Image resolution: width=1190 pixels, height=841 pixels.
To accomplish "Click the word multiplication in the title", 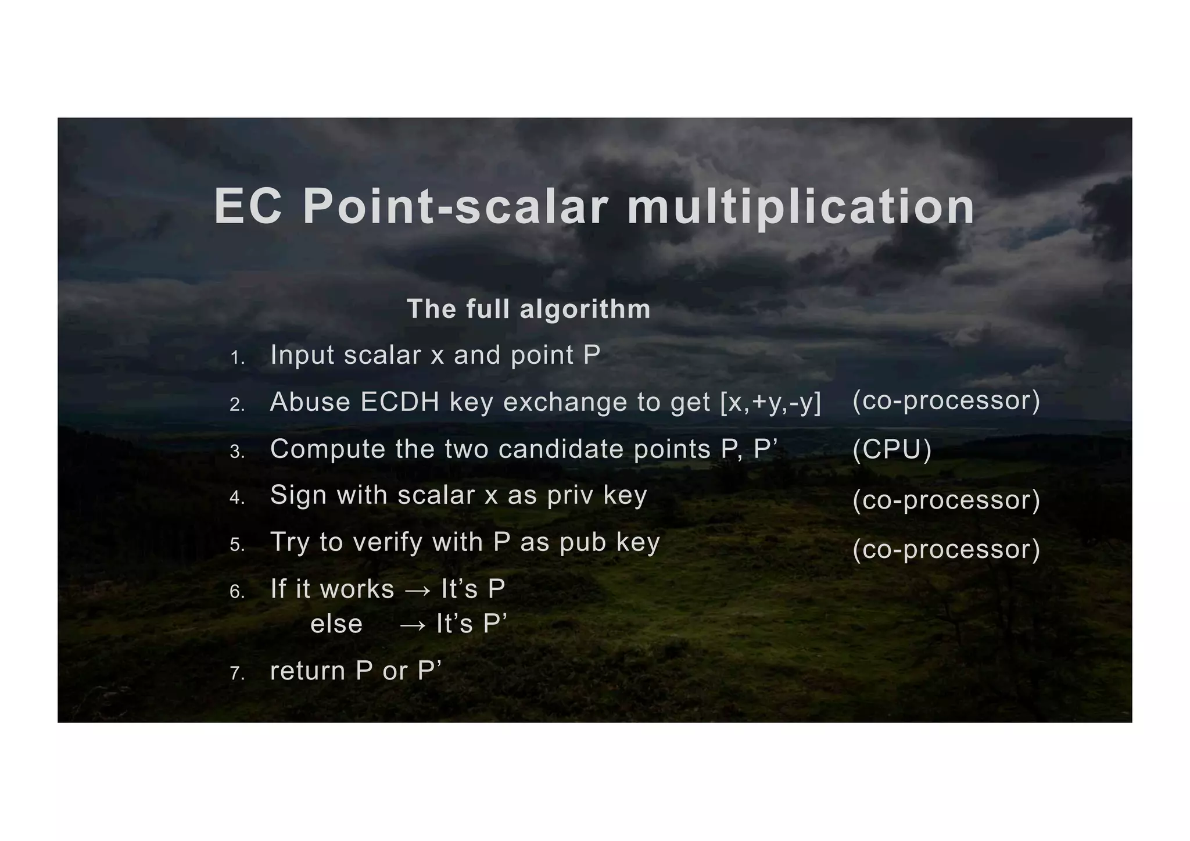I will click(800, 207).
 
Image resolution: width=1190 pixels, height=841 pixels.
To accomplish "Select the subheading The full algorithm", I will click(528, 309).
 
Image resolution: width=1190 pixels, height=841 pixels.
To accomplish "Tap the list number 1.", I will click(237, 358).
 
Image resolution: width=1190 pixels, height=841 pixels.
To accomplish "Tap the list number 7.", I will click(237, 674).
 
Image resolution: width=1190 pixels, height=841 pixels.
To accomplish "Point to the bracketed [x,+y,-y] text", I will click(770, 402).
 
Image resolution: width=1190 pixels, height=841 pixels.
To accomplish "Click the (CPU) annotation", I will click(892, 450).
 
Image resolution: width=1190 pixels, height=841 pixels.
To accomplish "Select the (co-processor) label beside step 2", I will click(946, 400).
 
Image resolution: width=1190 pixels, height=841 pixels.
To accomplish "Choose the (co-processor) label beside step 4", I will click(946, 500).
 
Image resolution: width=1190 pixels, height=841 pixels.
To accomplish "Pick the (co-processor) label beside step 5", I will click(946, 549).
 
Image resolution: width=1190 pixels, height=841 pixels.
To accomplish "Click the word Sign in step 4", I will click(296, 496).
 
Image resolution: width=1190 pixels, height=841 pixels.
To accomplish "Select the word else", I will click(336, 625).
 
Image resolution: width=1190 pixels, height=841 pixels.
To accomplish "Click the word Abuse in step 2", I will click(310, 402).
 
